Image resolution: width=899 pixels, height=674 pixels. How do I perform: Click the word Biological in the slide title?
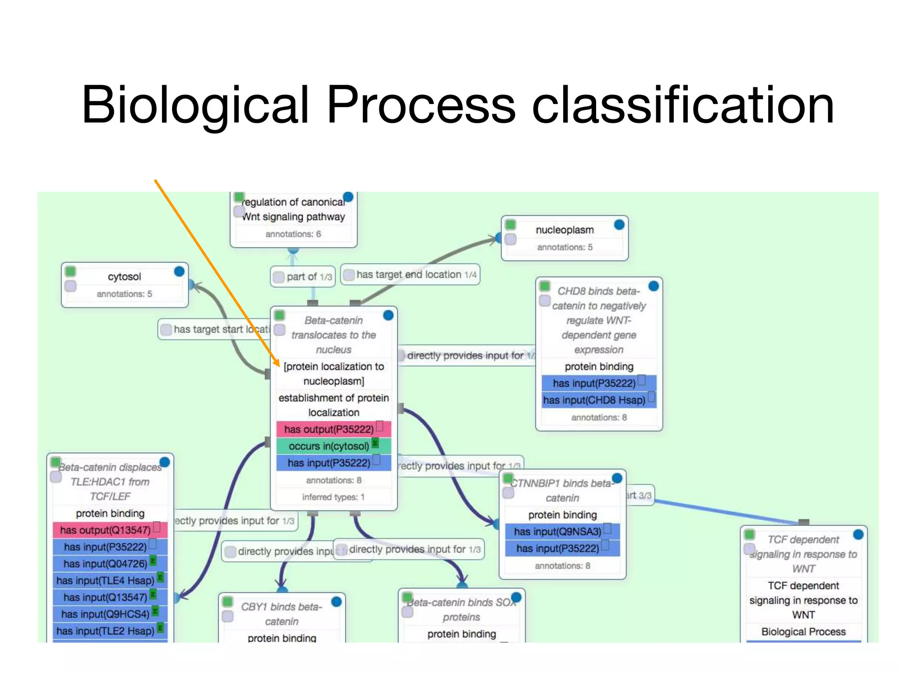(x=196, y=105)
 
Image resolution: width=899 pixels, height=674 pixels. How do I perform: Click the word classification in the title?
(x=683, y=105)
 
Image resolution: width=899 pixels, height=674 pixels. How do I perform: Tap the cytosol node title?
(x=124, y=277)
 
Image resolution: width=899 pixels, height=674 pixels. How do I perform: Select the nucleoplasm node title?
(x=565, y=230)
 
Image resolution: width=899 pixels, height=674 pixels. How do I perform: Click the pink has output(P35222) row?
(x=329, y=429)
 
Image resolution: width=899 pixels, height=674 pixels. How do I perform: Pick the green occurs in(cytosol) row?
(x=329, y=446)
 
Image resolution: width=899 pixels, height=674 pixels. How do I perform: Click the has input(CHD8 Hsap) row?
(x=594, y=400)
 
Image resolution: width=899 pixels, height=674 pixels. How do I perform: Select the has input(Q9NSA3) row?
(x=557, y=531)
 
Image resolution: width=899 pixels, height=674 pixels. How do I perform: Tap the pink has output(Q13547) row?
(x=105, y=530)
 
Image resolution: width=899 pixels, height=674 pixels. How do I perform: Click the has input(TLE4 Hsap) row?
(x=105, y=581)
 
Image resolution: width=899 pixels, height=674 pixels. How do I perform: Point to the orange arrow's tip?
(x=278, y=365)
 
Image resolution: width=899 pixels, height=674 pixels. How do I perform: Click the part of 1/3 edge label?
(x=303, y=277)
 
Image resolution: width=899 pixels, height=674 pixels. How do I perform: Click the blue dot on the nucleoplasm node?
(x=619, y=225)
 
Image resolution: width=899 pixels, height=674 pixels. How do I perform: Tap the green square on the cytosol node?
(x=70, y=271)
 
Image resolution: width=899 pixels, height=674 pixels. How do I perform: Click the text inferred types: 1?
(x=333, y=497)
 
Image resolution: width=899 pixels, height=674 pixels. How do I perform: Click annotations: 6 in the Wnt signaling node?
(x=293, y=234)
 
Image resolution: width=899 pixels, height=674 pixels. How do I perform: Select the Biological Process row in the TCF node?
(x=803, y=632)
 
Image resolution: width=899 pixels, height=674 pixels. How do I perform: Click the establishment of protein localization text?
(x=334, y=405)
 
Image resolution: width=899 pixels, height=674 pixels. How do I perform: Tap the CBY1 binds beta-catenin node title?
(x=281, y=614)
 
